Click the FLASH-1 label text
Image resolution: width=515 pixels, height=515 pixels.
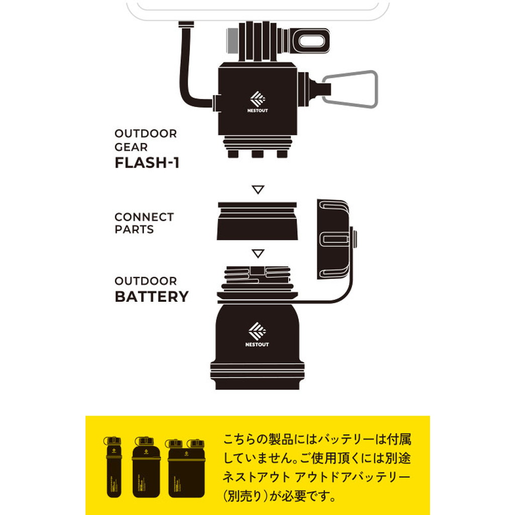(x=147, y=163)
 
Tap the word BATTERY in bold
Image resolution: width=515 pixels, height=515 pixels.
(x=151, y=296)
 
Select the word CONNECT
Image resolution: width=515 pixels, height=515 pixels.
(x=144, y=217)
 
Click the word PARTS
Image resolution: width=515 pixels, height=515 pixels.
(x=134, y=229)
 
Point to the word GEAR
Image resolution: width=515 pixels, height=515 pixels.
(x=131, y=147)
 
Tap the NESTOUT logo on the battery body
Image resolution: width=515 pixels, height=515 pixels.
(x=257, y=335)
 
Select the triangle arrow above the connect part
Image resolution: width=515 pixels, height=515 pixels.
(x=258, y=190)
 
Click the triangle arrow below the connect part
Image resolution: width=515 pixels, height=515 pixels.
(x=258, y=252)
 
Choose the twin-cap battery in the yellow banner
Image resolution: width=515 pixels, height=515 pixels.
(x=186, y=469)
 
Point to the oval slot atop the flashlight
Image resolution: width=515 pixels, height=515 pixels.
(x=312, y=40)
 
